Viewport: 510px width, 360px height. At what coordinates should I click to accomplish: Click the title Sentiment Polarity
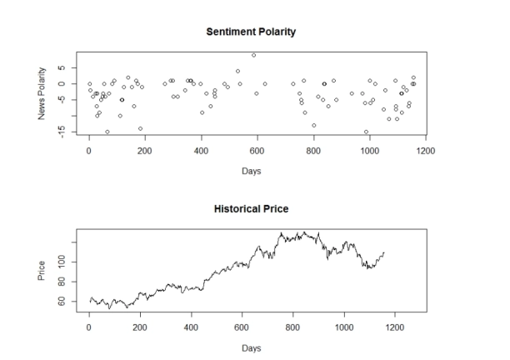coord(256,31)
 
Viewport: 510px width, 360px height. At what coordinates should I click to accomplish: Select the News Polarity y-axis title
coord(42,94)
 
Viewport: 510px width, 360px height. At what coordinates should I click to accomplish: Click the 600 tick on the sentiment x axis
coord(257,151)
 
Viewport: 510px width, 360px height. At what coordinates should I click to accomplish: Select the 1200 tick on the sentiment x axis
coord(426,151)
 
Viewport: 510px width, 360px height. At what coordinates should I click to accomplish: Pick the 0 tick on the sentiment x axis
coord(88,151)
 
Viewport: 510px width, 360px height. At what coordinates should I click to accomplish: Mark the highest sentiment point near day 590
coord(254,55)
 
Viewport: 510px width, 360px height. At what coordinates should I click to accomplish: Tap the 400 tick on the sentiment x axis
coord(201,151)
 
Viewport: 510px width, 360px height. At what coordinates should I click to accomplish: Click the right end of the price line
coord(384,252)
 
